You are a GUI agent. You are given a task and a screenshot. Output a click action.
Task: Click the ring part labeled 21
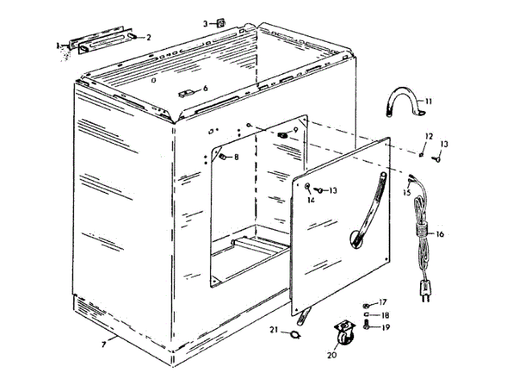click(296, 332)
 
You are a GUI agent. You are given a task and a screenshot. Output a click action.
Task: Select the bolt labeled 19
click(368, 326)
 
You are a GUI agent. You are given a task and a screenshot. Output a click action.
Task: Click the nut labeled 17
click(367, 304)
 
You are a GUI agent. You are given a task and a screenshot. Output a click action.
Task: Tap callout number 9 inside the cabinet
click(295, 129)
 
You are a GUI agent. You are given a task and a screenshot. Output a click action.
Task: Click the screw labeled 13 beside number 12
click(437, 159)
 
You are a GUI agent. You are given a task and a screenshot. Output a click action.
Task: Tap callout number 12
click(429, 136)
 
